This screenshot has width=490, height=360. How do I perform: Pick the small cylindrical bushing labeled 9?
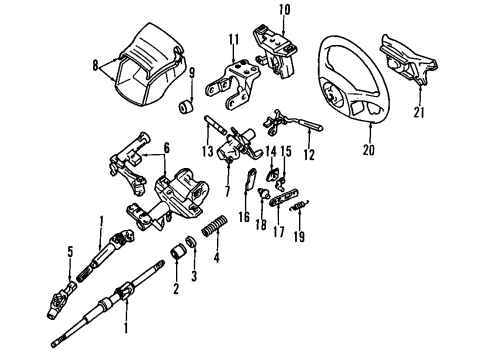186,107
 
